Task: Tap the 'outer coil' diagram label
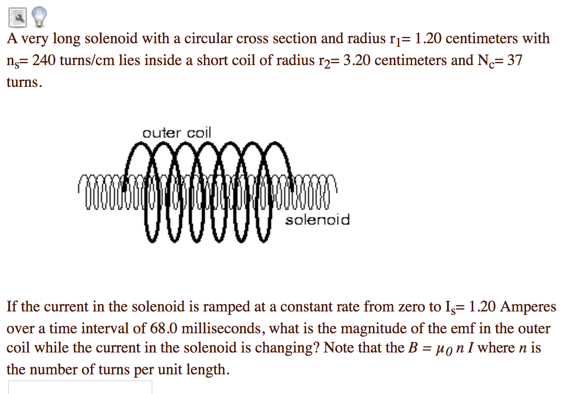177,132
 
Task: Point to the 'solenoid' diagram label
318,220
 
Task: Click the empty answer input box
80,387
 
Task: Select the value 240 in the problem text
44,61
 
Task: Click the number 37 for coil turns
515,61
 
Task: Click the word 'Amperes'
528,307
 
